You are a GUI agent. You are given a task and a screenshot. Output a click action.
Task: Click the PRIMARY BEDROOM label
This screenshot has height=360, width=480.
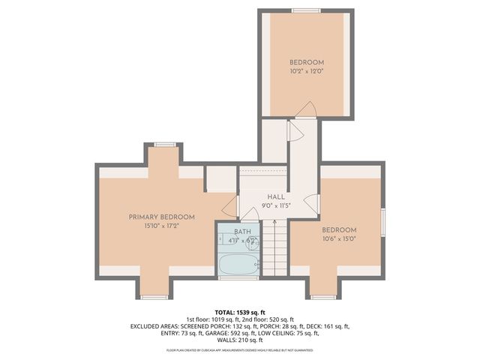[x=161, y=217]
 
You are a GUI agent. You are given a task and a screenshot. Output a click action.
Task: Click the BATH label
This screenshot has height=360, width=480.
[x=242, y=232]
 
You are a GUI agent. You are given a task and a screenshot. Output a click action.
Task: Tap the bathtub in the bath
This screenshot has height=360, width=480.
[x=238, y=263]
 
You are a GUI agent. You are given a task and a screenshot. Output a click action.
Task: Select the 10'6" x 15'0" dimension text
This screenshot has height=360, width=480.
[x=339, y=238]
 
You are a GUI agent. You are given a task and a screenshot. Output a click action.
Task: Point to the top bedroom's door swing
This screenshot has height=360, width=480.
[x=305, y=111]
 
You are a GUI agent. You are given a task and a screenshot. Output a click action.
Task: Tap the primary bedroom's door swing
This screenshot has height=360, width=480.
[x=229, y=204]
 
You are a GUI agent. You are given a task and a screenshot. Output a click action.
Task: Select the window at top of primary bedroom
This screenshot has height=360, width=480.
[x=165, y=145]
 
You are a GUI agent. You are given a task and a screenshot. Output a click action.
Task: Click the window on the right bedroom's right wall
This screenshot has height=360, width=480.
[x=382, y=221]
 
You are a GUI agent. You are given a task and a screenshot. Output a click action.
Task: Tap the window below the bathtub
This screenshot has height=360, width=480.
[x=238, y=278]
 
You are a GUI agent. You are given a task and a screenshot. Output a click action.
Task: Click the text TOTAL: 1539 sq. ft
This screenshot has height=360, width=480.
[x=241, y=310]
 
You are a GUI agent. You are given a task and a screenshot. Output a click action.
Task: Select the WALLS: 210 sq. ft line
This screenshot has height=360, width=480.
[x=241, y=340]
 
